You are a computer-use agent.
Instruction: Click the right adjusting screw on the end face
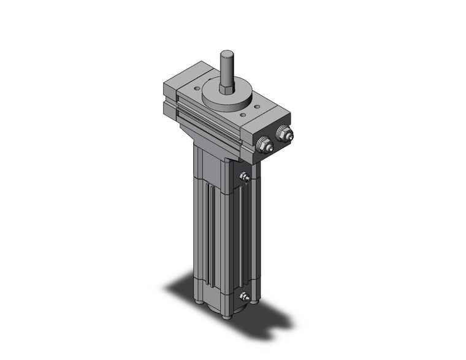point(284,133)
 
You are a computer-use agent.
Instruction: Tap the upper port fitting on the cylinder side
point(245,178)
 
